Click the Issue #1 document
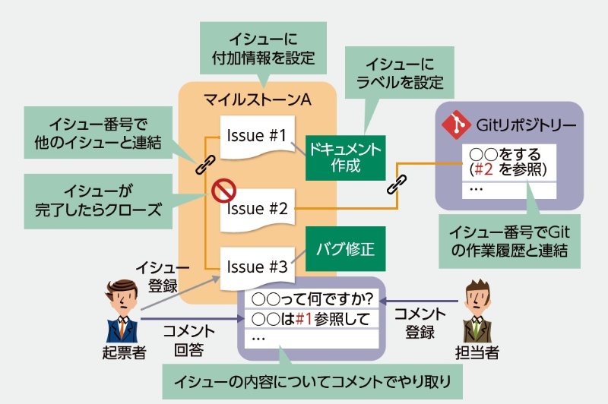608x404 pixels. pos(255,137)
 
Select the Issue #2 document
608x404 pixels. pos(255,208)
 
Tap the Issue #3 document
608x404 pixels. pos(256,267)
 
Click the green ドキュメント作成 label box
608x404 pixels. pos(344,157)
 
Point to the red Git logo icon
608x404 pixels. pos(456,123)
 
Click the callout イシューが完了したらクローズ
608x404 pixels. pos(100,200)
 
